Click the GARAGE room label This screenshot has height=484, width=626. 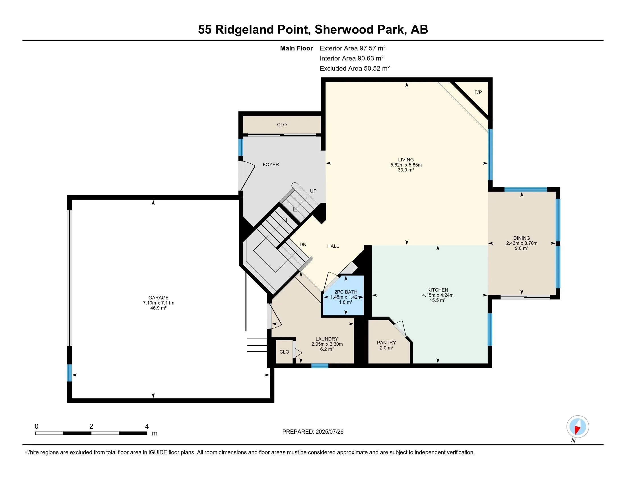[x=158, y=298]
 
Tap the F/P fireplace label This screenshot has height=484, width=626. [x=478, y=92]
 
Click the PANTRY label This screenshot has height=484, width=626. [x=386, y=343]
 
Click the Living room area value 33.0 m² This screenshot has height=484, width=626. [x=406, y=170]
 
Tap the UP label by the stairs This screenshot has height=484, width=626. [x=313, y=191]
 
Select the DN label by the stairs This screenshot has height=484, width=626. [x=303, y=245]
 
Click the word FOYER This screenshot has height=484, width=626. [x=271, y=165]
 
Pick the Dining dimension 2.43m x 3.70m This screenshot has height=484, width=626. [x=522, y=243]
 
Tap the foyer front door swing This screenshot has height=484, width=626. [x=246, y=175]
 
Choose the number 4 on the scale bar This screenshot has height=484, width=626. [x=147, y=426]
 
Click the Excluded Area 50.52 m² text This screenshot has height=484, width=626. [x=355, y=69]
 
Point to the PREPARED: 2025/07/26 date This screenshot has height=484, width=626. [x=313, y=432]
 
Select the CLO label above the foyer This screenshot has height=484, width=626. [x=282, y=125]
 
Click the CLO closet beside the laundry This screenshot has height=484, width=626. [x=284, y=352]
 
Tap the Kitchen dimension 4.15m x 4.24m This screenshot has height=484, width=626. [x=438, y=295]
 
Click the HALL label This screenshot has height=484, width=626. [x=333, y=246]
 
